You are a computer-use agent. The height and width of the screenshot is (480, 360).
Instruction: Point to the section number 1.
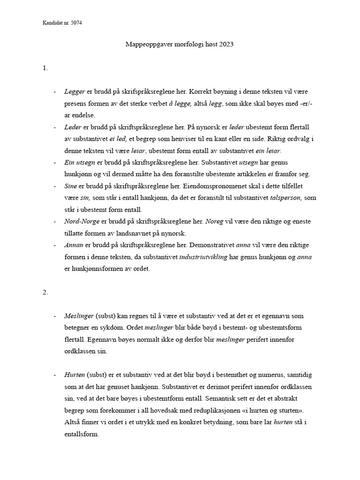click(45, 68)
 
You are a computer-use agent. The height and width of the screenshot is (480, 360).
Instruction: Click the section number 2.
click(45, 292)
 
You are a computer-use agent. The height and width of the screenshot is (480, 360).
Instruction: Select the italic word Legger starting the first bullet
click(75, 91)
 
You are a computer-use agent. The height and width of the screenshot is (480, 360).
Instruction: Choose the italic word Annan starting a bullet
click(74, 245)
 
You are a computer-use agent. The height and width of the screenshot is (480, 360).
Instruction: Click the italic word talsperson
click(287, 198)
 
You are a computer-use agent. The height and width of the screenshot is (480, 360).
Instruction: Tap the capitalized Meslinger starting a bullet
click(79, 316)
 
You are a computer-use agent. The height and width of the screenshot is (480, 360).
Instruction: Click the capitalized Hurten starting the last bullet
click(75, 375)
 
